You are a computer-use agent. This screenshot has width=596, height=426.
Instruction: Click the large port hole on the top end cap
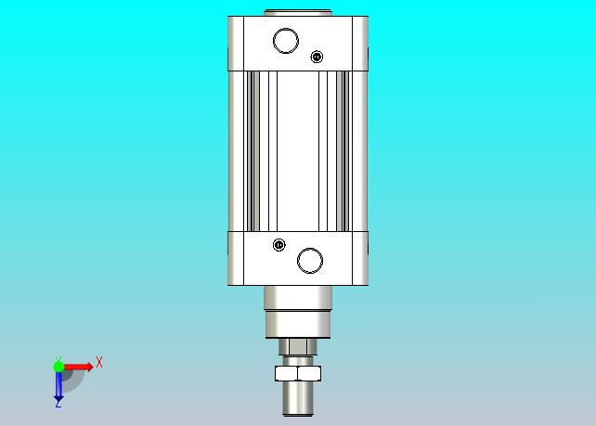(x=286, y=41)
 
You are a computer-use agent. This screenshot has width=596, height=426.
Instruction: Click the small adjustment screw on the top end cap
(x=317, y=57)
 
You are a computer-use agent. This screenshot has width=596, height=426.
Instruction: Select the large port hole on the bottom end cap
(x=310, y=261)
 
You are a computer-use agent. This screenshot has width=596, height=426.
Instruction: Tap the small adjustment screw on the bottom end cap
(x=279, y=245)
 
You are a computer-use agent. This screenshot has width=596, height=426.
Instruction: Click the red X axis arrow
(x=78, y=367)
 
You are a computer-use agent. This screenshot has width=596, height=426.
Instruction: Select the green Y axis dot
(x=58, y=367)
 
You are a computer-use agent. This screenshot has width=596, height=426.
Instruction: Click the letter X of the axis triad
(x=99, y=362)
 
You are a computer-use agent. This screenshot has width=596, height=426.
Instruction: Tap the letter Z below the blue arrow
(x=58, y=406)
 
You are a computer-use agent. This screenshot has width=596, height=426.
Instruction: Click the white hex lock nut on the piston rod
(x=298, y=373)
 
